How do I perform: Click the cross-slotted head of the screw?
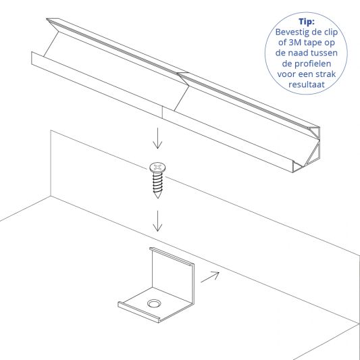157,166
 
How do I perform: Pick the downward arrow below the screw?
157,221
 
